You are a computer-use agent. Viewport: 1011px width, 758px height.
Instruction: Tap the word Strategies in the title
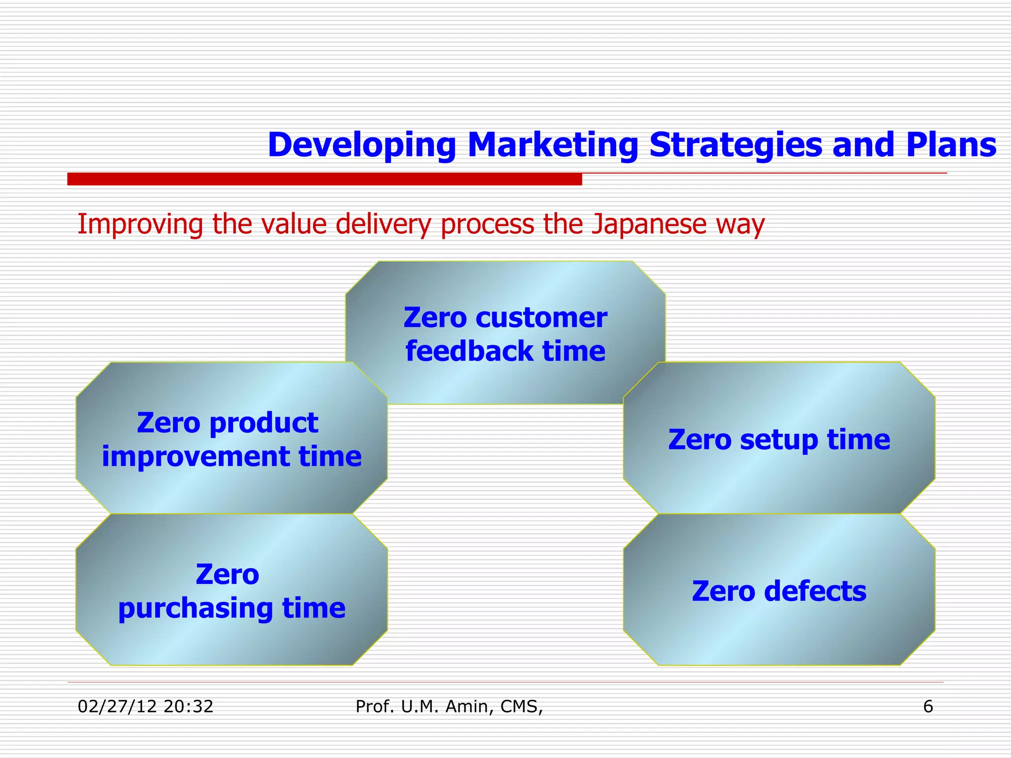pos(735,145)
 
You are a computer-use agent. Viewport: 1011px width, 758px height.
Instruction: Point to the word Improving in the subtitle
pos(140,224)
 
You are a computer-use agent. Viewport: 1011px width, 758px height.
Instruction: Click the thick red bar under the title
pos(324,179)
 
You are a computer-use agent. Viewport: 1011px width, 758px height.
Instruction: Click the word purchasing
pos(195,608)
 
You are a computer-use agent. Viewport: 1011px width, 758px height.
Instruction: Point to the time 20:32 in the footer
pos(188,707)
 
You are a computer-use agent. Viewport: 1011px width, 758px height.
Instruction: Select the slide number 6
pos(928,707)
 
